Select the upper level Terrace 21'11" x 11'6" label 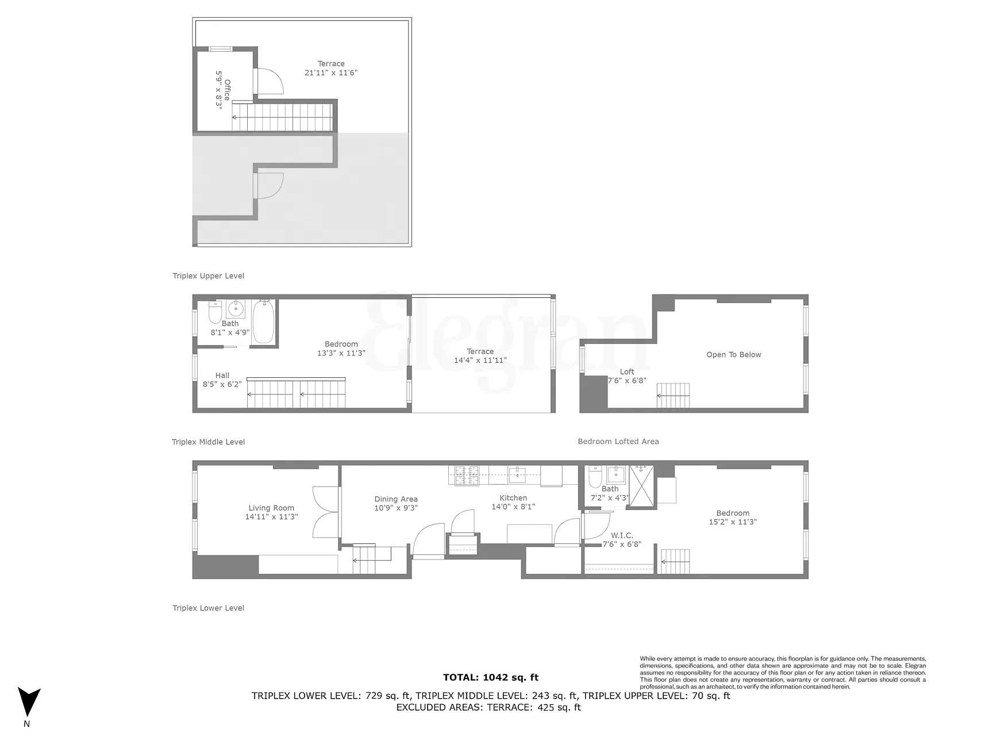(x=331, y=68)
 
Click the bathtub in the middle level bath (x=263, y=322)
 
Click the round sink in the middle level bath (x=236, y=309)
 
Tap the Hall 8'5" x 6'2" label (x=222, y=380)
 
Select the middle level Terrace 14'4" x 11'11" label (x=480, y=356)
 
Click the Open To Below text (x=733, y=355)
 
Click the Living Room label (x=271, y=512)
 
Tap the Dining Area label (x=396, y=504)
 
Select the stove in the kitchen (x=467, y=475)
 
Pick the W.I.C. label (x=622, y=539)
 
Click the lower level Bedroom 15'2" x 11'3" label (x=733, y=517)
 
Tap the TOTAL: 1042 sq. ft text (x=491, y=677)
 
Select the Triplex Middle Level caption (x=208, y=442)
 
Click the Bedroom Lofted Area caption (x=618, y=442)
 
